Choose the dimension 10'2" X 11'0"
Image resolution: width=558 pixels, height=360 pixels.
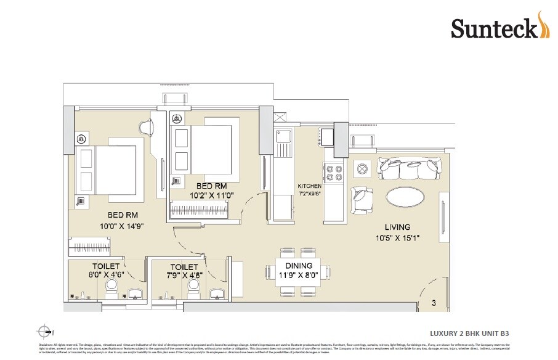212,196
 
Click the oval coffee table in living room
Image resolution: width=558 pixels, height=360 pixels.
404,198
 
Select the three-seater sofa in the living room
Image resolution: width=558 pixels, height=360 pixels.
406,168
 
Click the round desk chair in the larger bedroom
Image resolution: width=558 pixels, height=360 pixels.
148,127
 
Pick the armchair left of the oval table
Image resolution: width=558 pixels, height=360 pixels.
363,198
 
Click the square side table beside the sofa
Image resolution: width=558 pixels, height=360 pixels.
363,168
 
